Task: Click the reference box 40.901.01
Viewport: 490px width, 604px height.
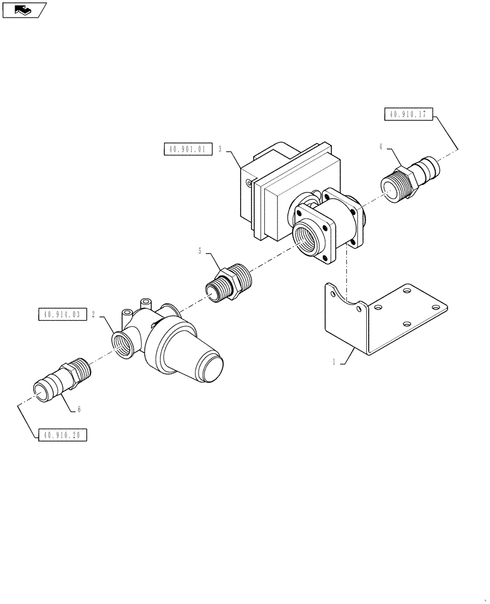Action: pos(188,149)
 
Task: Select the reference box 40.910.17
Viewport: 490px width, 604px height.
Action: pos(407,114)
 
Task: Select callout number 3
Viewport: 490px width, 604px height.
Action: pos(220,149)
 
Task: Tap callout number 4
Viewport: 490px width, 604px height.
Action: pos(381,146)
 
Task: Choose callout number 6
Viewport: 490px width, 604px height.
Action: pos(78,410)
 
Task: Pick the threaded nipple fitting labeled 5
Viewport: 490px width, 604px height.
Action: pos(231,284)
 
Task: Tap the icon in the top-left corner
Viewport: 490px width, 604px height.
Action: pos(24,9)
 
